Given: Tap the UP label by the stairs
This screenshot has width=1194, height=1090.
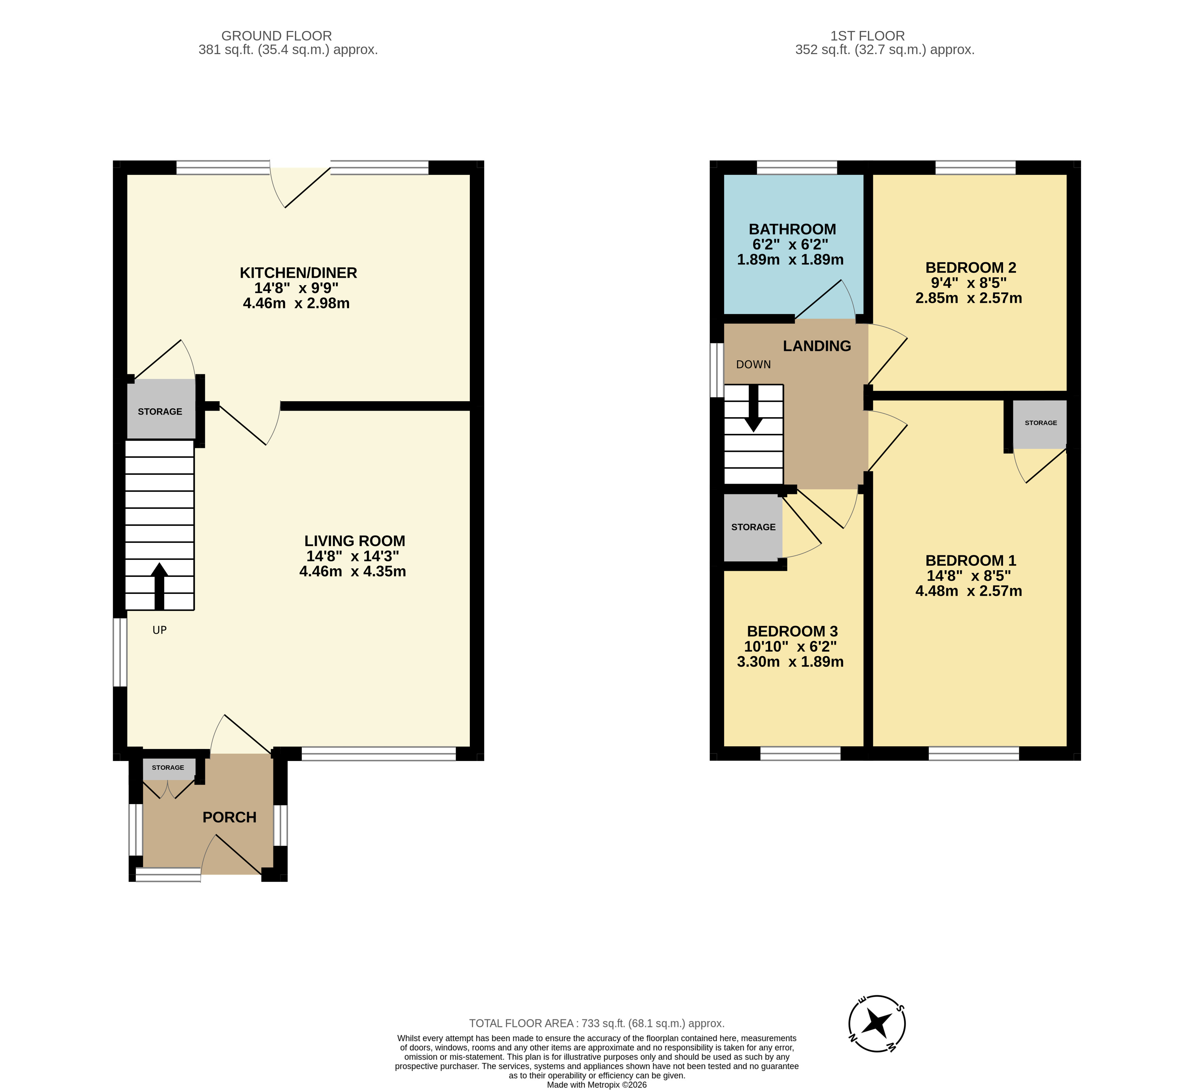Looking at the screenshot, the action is (x=159, y=630).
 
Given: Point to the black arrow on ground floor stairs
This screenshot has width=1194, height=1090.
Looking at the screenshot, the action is (x=159, y=586).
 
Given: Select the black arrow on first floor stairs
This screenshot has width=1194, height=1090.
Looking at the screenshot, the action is (x=753, y=408).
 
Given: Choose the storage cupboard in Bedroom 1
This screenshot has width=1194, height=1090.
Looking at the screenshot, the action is (x=1040, y=423).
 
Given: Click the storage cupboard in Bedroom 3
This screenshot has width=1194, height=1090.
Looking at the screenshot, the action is (x=753, y=527).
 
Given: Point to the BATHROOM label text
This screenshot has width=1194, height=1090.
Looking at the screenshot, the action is (x=793, y=229).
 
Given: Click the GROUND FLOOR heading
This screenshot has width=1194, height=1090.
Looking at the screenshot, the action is (x=276, y=36).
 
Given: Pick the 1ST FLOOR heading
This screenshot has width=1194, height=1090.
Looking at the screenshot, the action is (x=867, y=36).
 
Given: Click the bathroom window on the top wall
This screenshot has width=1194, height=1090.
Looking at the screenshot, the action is (x=797, y=167).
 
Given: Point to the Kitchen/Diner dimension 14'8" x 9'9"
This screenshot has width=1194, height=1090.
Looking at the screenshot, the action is (x=296, y=288).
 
